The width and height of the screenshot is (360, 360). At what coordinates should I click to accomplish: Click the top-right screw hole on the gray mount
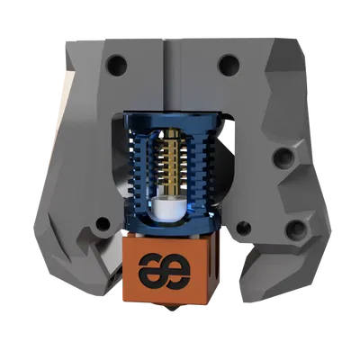pos(229,64)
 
